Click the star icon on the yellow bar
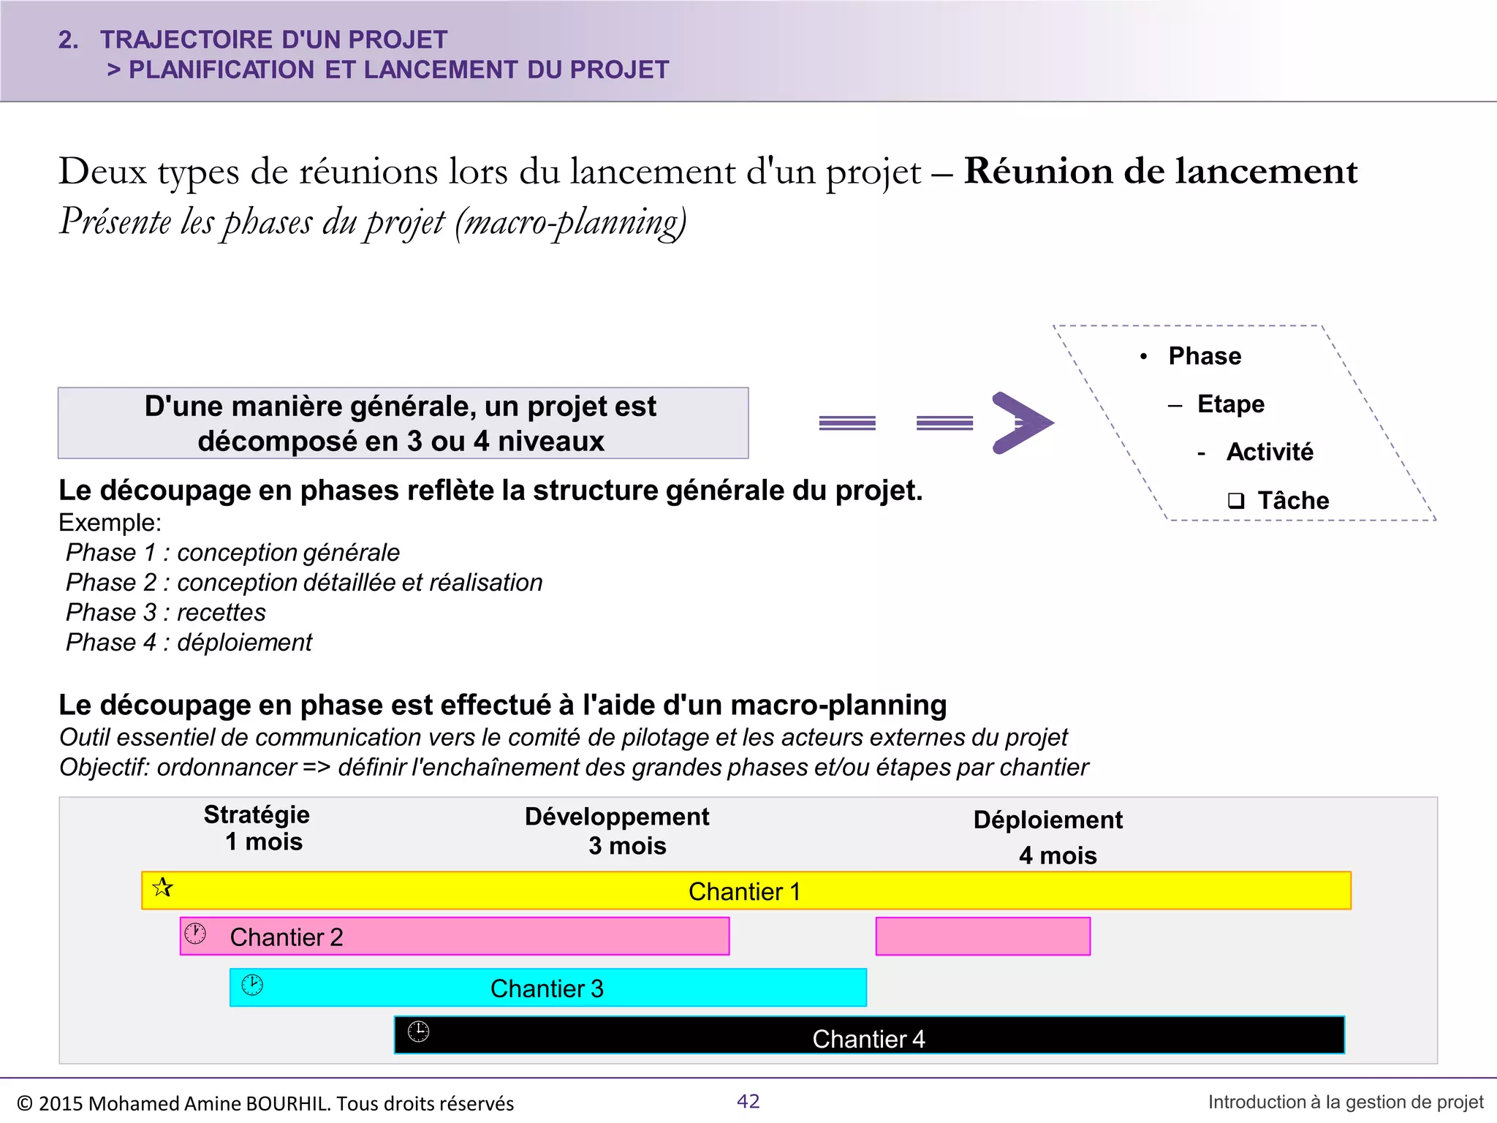(162, 888)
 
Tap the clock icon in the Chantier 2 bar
(195, 934)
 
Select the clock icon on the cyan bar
(252, 985)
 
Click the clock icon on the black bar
(418, 1032)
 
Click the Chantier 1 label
(744, 892)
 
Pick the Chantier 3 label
(547, 988)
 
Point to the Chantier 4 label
(868, 1039)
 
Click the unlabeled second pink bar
(982, 937)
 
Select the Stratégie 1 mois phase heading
(257, 828)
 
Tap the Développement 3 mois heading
(618, 831)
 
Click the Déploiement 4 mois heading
(1049, 837)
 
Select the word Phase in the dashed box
(1205, 356)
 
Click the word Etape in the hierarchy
(1231, 404)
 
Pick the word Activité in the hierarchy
(1270, 452)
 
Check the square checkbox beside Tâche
(1236, 501)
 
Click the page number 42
(748, 1101)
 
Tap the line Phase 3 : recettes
(166, 613)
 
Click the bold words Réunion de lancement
(1161, 172)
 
